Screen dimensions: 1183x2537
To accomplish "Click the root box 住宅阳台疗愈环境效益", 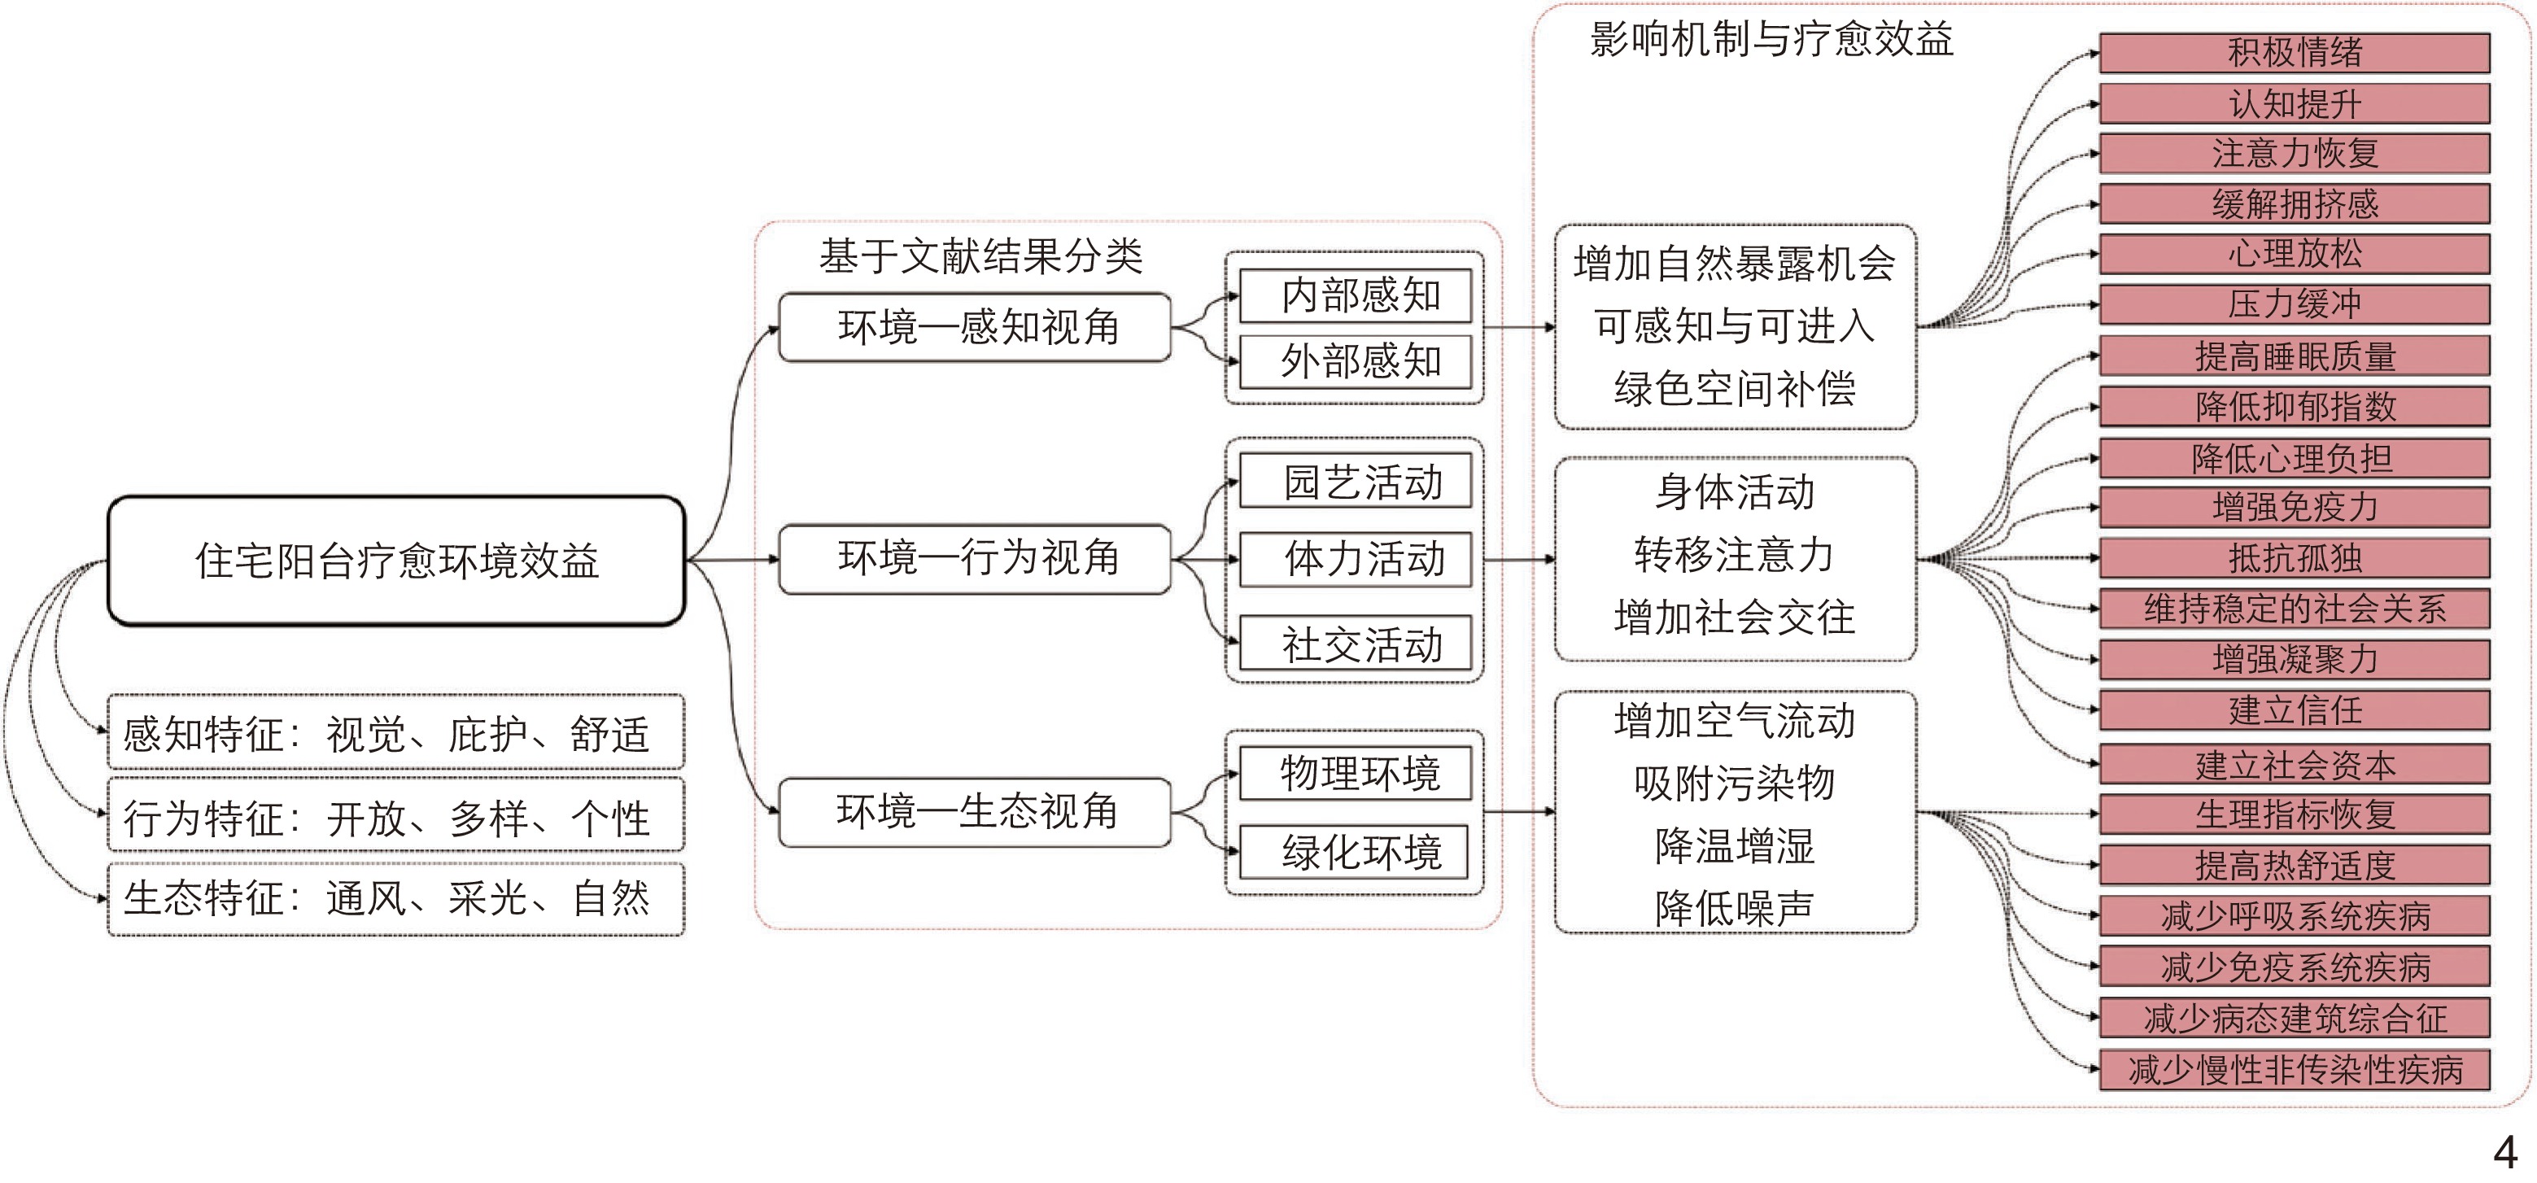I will pyautogui.click(x=396, y=561).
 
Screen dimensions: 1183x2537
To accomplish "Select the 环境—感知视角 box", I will pyautogui.click(x=974, y=327).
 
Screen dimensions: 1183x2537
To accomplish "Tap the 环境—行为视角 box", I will pyautogui.click(x=974, y=558).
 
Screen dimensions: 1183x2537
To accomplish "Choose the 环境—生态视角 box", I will pyautogui.click(x=974, y=812).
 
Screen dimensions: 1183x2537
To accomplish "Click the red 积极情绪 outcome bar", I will pyautogui.click(x=2294, y=53).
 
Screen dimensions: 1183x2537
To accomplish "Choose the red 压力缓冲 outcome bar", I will pyautogui.click(x=2294, y=304).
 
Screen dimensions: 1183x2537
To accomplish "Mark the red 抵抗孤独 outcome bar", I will pyautogui.click(x=2294, y=558).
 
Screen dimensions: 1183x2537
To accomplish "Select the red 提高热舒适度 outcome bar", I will pyautogui.click(x=2294, y=865).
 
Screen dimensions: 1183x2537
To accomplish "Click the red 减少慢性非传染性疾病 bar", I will pyautogui.click(x=2294, y=1070).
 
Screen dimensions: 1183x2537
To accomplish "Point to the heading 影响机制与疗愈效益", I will pyautogui.click(x=1771, y=39).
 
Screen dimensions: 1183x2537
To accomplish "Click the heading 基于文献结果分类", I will pyautogui.click(x=980, y=257).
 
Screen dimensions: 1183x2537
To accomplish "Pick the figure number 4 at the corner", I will pyautogui.click(x=2504, y=1151).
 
